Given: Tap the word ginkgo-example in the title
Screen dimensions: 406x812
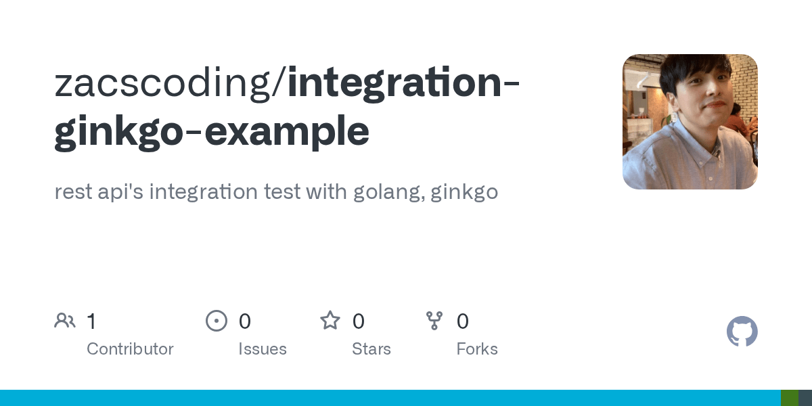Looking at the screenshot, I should [212, 131].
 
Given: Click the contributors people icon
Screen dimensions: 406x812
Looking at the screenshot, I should [65, 320].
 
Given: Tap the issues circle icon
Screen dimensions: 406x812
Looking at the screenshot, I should [216, 320].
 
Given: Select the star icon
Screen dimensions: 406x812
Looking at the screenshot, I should [330, 320].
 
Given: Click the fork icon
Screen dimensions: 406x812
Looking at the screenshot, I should [434, 320].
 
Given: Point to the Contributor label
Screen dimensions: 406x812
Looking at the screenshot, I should [130, 349].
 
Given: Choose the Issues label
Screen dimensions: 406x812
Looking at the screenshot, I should [263, 349].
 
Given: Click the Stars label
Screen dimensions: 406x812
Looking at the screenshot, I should [371, 349].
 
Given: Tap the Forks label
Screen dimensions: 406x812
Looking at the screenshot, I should [477, 349].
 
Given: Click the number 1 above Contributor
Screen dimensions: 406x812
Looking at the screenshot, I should [91, 321].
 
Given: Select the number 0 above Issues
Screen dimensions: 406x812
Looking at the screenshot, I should [245, 321].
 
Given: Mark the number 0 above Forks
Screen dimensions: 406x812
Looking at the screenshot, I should [463, 321].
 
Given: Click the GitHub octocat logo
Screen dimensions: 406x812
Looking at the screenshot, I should [742, 332].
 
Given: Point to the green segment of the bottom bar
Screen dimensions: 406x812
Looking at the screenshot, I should [790, 398].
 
